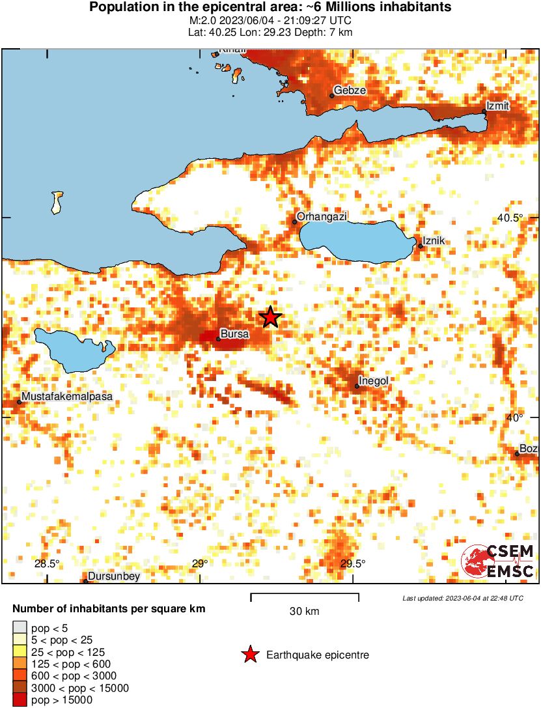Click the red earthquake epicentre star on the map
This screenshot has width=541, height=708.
(x=271, y=317)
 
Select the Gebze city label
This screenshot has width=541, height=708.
(x=350, y=91)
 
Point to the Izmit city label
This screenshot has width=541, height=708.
(x=498, y=106)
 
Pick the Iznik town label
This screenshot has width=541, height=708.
(x=434, y=241)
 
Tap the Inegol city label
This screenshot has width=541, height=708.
(x=374, y=380)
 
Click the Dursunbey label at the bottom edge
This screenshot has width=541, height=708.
(x=113, y=576)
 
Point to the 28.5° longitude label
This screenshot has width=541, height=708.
(x=47, y=564)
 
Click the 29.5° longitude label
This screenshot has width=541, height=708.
(x=353, y=564)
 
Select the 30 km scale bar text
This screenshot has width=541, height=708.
(x=304, y=612)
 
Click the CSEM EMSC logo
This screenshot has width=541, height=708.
(x=498, y=561)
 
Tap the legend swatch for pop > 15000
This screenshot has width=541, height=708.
(x=20, y=700)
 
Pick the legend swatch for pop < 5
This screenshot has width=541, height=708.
(x=20, y=629)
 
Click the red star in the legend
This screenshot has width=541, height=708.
(x=249, y=655)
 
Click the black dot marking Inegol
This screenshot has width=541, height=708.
(x=357, y=386)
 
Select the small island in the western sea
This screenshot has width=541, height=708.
(x=57, y=201)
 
